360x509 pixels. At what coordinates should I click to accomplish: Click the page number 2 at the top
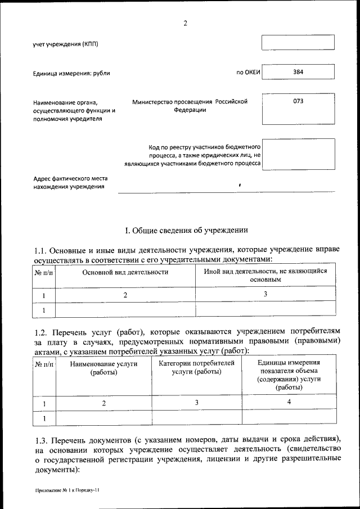click(x=185, y=23)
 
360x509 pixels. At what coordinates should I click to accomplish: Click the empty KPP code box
click(x=298, y=43)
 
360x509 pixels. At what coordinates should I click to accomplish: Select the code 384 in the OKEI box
click(x=298, y=72)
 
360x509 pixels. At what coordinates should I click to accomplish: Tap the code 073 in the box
click(x=298, y=102)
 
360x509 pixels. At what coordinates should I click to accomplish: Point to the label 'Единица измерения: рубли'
click(x=71, y=74)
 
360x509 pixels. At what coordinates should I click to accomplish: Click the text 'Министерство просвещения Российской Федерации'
click(x=190, y=106)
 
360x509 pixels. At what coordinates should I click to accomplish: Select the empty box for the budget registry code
click(x=298, y=154)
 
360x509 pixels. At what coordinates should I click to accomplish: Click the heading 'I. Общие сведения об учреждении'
click(x=185, y=230)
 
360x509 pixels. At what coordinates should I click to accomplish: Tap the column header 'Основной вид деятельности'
click(x=125, y=272)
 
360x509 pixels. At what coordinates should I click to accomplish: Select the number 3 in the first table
click(x=265, y=294)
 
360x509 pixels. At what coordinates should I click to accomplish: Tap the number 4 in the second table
click(x=289, y=402)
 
